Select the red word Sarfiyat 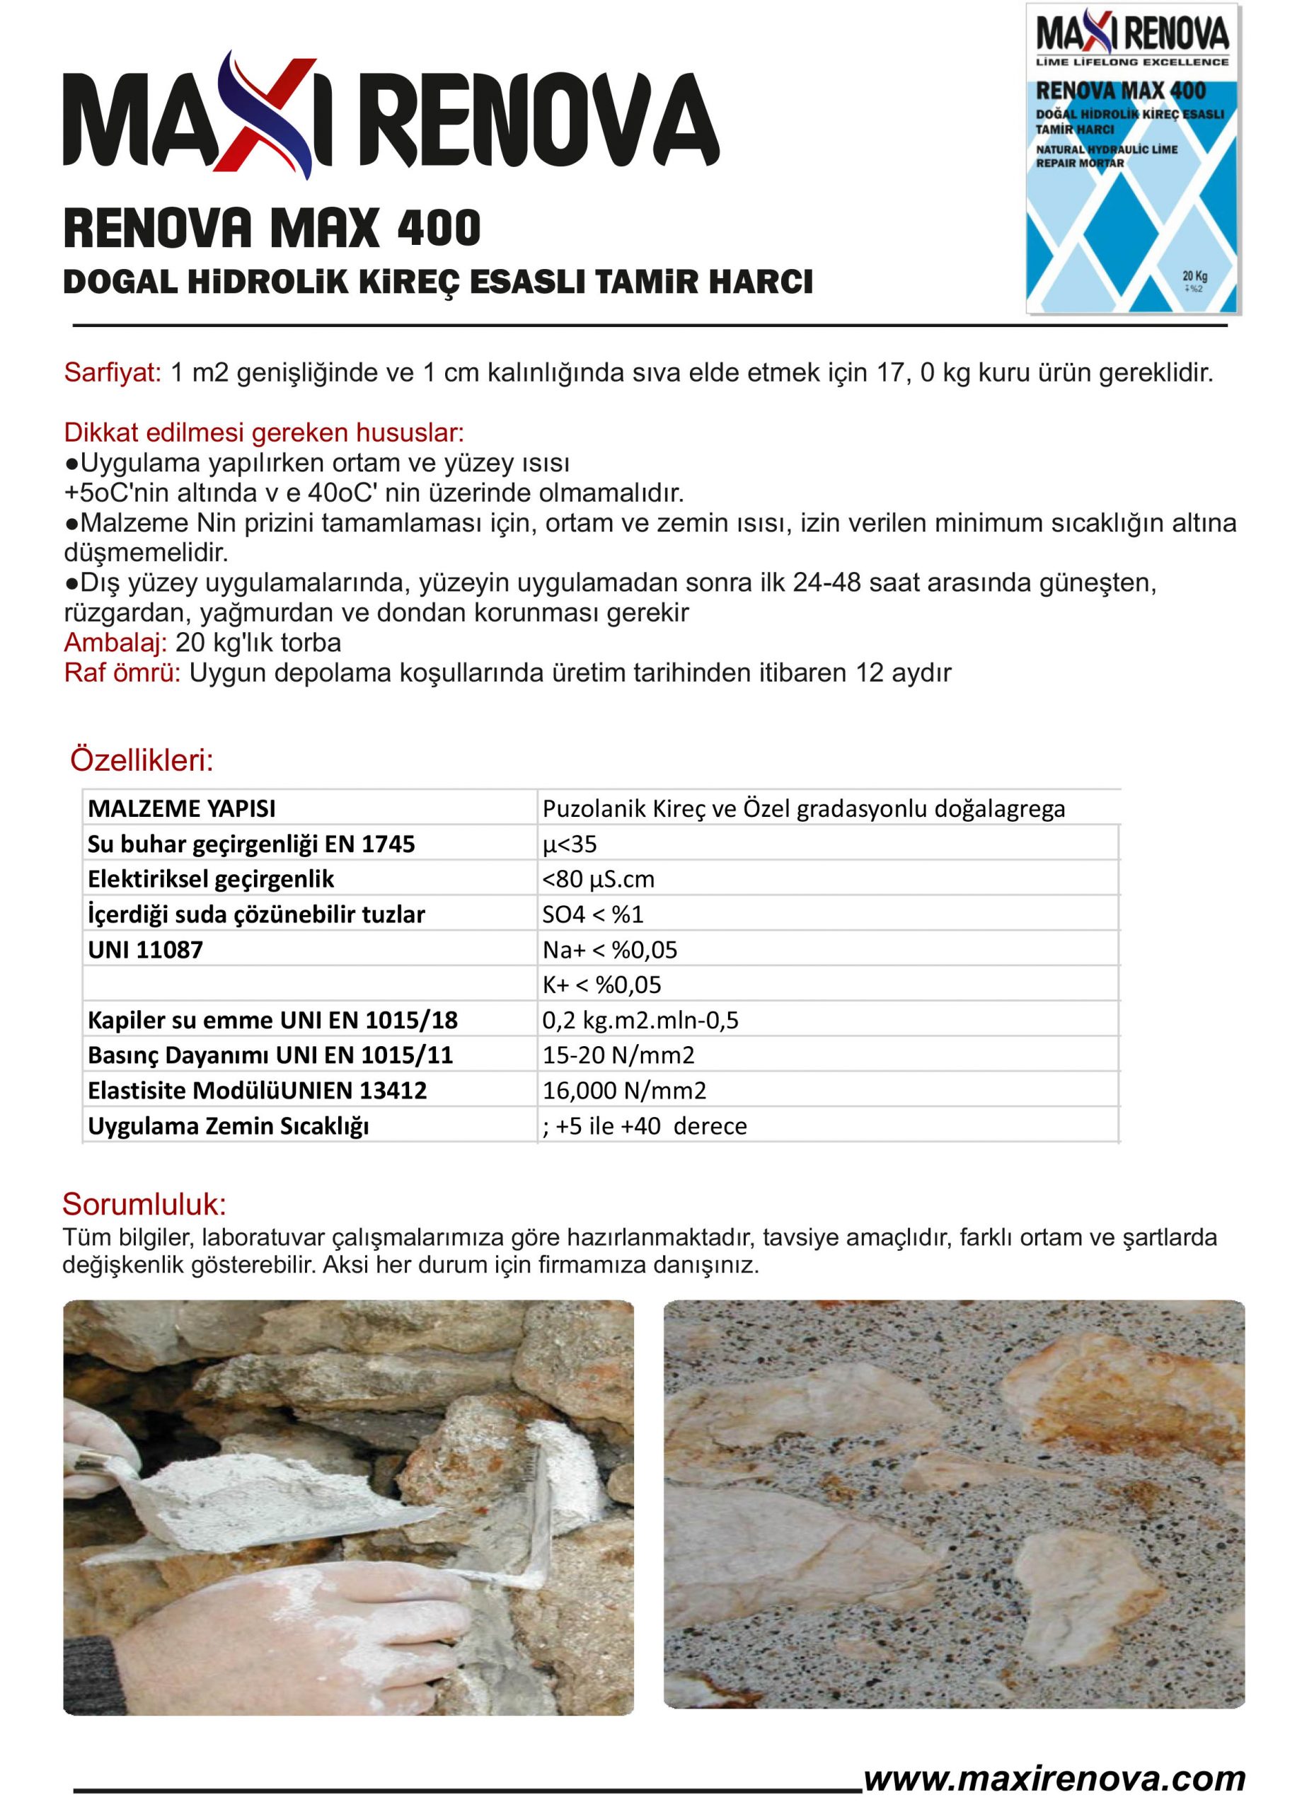point(113,373)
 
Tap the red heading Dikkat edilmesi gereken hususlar point(264,433)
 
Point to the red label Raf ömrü point(122,672)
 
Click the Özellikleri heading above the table point(142,761)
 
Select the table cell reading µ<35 point(570,844)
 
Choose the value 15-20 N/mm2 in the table point(618,1055)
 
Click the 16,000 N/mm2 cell point(624,1091)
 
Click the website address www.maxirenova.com point(1054,1779)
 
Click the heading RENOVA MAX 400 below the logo point(272,228)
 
